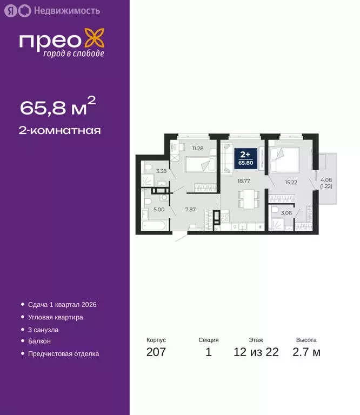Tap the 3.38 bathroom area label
coord(161,171)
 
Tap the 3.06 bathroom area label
coord(286,213)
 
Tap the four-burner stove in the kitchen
coord(225,217)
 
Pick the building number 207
coord(156,353)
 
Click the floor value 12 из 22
coord(256,353)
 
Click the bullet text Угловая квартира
coord(56,317)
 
